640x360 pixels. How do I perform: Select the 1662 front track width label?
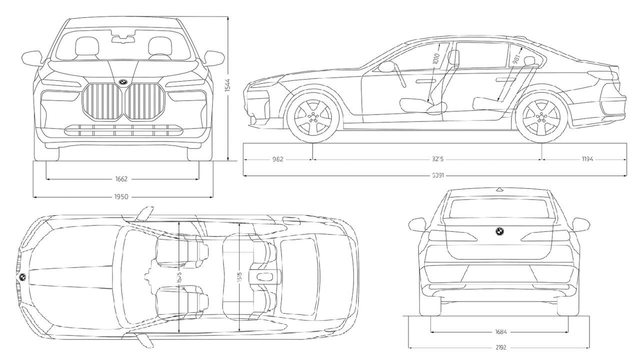point(121,178)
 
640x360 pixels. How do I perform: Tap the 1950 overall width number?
point(121,197)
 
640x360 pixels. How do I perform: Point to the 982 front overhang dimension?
point(278,159)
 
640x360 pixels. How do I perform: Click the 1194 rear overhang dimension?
point(587,159)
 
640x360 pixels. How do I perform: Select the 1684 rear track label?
point(501,331)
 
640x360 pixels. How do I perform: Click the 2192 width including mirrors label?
point(501,347)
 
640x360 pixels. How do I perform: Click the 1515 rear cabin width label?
point(240,278)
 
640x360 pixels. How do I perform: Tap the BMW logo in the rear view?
point(498,231)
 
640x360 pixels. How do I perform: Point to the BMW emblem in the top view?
point(22,276)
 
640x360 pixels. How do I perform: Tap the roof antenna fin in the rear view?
point(498,189)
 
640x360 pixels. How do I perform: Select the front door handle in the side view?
point(425,80)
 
